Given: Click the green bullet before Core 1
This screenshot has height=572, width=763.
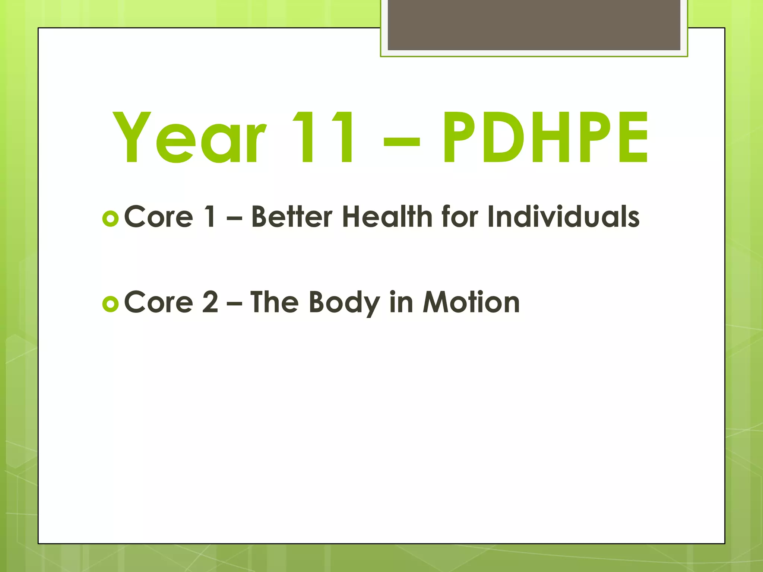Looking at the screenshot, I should click(110, 219).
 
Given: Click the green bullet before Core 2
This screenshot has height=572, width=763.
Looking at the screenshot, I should click(110, 304).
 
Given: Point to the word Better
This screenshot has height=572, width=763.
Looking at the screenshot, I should click(292, 217).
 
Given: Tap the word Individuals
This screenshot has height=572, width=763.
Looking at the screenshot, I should click(563, 217).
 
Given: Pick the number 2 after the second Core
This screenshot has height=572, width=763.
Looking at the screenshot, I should click(210, 302).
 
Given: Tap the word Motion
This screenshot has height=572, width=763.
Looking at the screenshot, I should click(471, 302).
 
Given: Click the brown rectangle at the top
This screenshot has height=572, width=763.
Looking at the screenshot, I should click(534, 25).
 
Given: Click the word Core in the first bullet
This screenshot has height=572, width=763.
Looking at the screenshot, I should click(159, 217).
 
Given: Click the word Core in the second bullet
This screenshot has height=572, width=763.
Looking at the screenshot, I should click(159, 302).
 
